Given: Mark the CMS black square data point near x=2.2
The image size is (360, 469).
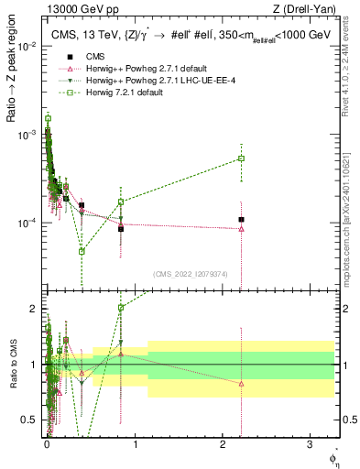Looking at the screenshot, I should [241, 220].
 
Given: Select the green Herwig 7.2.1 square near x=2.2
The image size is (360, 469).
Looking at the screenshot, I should [241, 158].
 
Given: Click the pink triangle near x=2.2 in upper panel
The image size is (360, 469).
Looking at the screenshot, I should [241, 229].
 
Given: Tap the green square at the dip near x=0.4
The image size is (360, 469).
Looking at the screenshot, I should [82, 251].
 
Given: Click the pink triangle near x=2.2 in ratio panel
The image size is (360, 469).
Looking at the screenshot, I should [241, 384].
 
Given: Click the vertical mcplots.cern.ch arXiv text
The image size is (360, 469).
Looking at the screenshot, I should [346, 211].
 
